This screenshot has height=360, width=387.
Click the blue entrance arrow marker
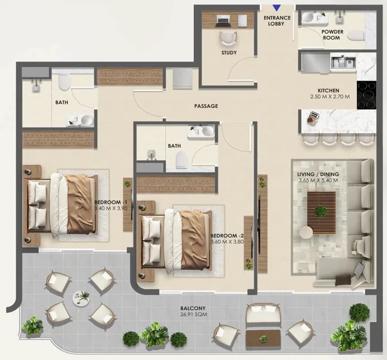277,8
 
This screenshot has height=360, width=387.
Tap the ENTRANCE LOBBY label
277,21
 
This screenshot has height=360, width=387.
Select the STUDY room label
229,53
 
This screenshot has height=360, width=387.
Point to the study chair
228,38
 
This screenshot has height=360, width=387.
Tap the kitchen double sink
343,62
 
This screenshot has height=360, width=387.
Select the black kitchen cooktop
367,95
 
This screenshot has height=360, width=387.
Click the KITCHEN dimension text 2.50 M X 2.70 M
330,97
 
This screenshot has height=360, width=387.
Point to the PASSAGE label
206,106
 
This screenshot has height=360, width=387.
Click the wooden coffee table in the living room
321,212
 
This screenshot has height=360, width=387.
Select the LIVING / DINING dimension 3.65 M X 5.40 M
318,180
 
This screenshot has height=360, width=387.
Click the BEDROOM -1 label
110,202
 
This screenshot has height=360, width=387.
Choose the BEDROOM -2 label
227,235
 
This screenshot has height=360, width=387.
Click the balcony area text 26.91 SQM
193,315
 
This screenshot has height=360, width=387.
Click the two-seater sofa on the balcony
263,313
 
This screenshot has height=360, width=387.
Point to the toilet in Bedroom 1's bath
65,82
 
